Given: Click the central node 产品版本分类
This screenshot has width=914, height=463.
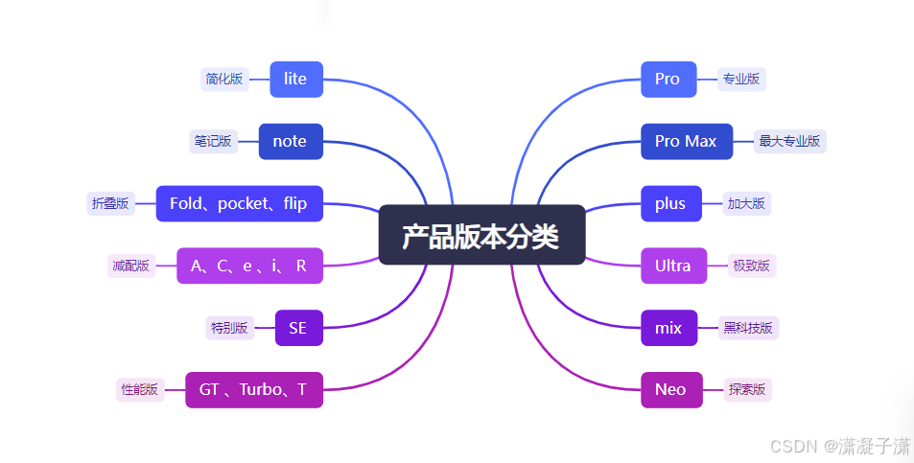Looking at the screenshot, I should pyautogui.click(x=481, y=235).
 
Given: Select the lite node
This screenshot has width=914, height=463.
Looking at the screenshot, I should pyautogui.click(x=295, y=79).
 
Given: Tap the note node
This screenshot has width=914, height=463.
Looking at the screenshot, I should pyautogui.click(x=290, y=141).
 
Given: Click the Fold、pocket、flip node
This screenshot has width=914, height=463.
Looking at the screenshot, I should pyautogui.click(x=239, y=203).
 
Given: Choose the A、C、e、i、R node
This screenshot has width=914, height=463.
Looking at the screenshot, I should pyautogui.click(x=249, y=266).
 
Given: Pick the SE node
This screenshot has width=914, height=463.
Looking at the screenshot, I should pyautogui.click(x=298, y=328).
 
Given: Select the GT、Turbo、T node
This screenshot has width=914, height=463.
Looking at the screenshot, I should pyautogui.click(x=253, y=389).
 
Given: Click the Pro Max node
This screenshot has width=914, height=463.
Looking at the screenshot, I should pyautogui.click(x=686, y=141).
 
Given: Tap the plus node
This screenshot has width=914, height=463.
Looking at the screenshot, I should pyautogui.click(x=670, y=203).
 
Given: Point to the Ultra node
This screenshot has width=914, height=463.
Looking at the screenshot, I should pyautogui.click(x=672, y=266).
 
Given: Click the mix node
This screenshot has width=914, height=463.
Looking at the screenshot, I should pyautogui.click(x=668, y=328).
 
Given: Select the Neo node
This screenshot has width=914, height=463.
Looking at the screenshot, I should pyautogui.click(x=670, y=389).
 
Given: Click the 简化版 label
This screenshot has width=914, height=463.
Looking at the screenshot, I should pyautogui.click(x=224, y=79).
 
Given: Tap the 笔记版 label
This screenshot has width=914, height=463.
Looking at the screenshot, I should pyautogui.click(x=213, y=141).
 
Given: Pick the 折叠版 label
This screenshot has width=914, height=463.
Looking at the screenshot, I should pyautogui.click(x=110, y=203).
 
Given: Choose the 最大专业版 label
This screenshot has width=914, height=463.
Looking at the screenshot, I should pyautogui.click(x=789, y=141).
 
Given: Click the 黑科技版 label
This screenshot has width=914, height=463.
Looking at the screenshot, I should pyautogui.click(x=749, y=328).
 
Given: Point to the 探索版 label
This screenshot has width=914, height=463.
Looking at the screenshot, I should pyautogui.click(x=748, y=389).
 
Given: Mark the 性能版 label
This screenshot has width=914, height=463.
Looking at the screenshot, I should pyautogui.click(x=139, y=389).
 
